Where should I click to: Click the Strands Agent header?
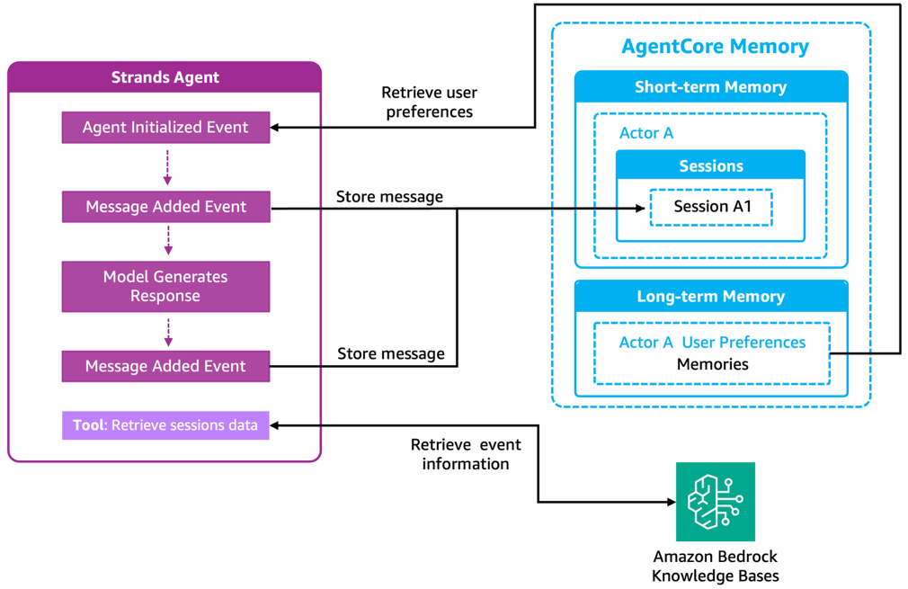coord(165,77)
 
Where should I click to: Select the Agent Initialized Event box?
coord(165,128)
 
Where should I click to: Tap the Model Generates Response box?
coord(165,286)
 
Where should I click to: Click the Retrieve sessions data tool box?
coord(165,424)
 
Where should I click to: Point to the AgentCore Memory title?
coord(715,46)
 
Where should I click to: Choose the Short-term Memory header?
coord(710,87)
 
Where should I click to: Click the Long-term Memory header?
coord(710,297)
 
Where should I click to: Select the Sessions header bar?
coord(710,166)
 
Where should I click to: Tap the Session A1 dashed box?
coord(711,207)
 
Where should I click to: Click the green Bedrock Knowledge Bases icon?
coord(716,502)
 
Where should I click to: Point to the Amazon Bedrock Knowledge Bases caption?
coord(715,567)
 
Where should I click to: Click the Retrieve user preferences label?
coord(429,103)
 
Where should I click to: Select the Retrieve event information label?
coord(466,454)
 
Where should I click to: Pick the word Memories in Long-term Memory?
coord(712,364)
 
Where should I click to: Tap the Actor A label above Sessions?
coord(646,133)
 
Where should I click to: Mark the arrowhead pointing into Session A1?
coord(640,208)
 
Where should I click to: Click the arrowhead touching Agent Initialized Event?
coord(276,128)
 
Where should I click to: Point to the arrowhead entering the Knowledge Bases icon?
coord(670,502)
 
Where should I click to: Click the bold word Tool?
coord(89,424)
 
